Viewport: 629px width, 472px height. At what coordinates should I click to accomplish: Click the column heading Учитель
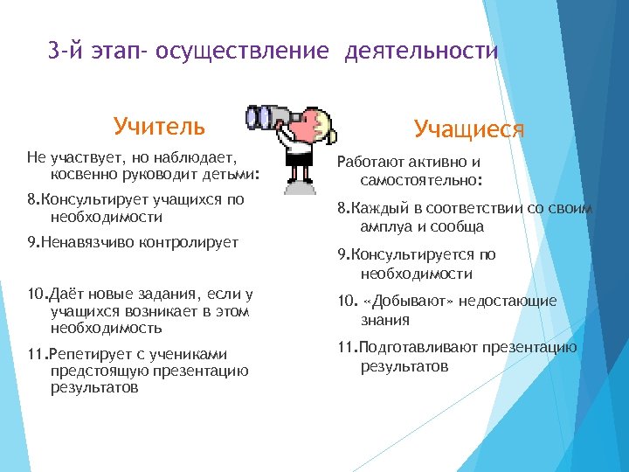[x=159, y=127]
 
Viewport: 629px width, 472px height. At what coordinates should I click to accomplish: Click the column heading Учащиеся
[x=469, y=129]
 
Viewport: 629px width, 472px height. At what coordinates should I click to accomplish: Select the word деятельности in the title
[x=421, y=52]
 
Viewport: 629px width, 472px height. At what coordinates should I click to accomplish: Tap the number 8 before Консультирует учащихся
[x=31, y=199]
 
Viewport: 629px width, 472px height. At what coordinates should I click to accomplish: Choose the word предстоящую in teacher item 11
[x=93, y=370]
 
